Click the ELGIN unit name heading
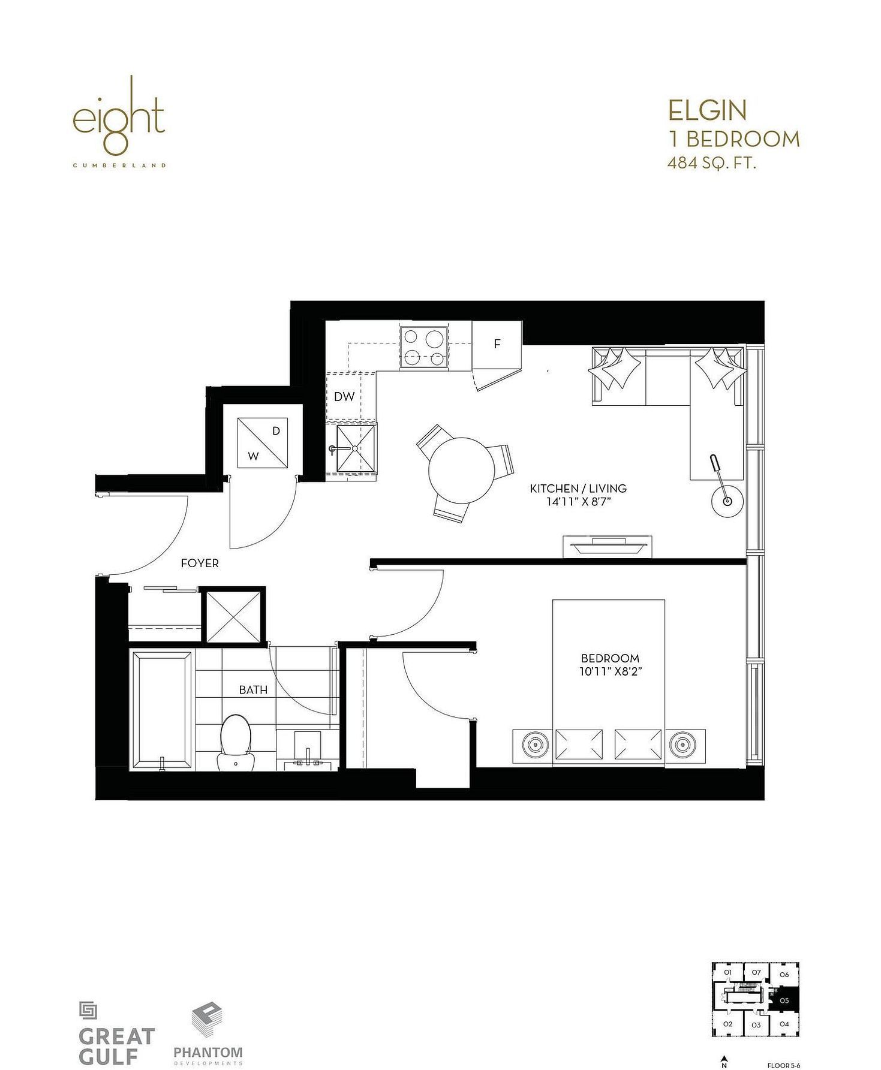pyautogui.click(x=708, y=110)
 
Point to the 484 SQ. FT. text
pyautogui.click(x=712, y=162)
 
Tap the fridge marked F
pyautogui.click(x=497, y=344)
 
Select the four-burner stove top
pyautogui.click(x=423, y=346)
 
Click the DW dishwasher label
pyautogui.click(x=344, y=396)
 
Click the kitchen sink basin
pyautogui.click(x=356, y=448)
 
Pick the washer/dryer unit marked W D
pyautogui.click(x=263, y=442)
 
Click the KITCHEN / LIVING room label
pyautogui.click(x=578, y=489)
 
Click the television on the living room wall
pyautogui.click(x=607, y=546)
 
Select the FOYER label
pyautogui.click(x=200, y=563)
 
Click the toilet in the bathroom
pyautogui.click(x=235, y=743)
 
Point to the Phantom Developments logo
pyautogui.click(x=208, y=1026)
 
